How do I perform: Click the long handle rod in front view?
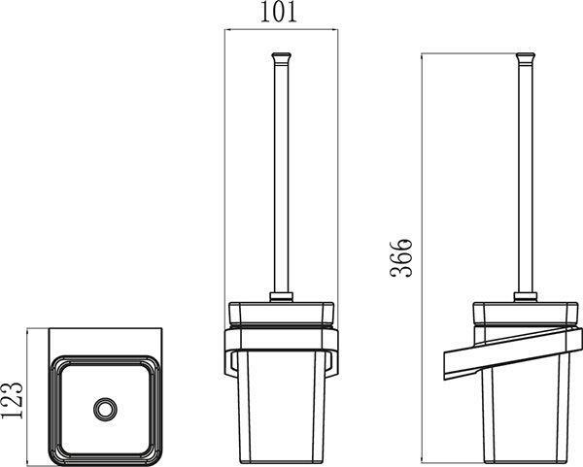(x=282, y=175)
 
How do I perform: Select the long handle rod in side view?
(x=528, y=175)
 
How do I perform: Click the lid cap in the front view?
(x=282, y=313)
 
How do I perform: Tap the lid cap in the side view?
(x=528, y=313)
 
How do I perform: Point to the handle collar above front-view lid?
(x=282, y=295)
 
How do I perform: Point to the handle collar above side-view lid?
(x=528, y=295)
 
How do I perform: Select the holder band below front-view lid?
(x=282, y=340)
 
